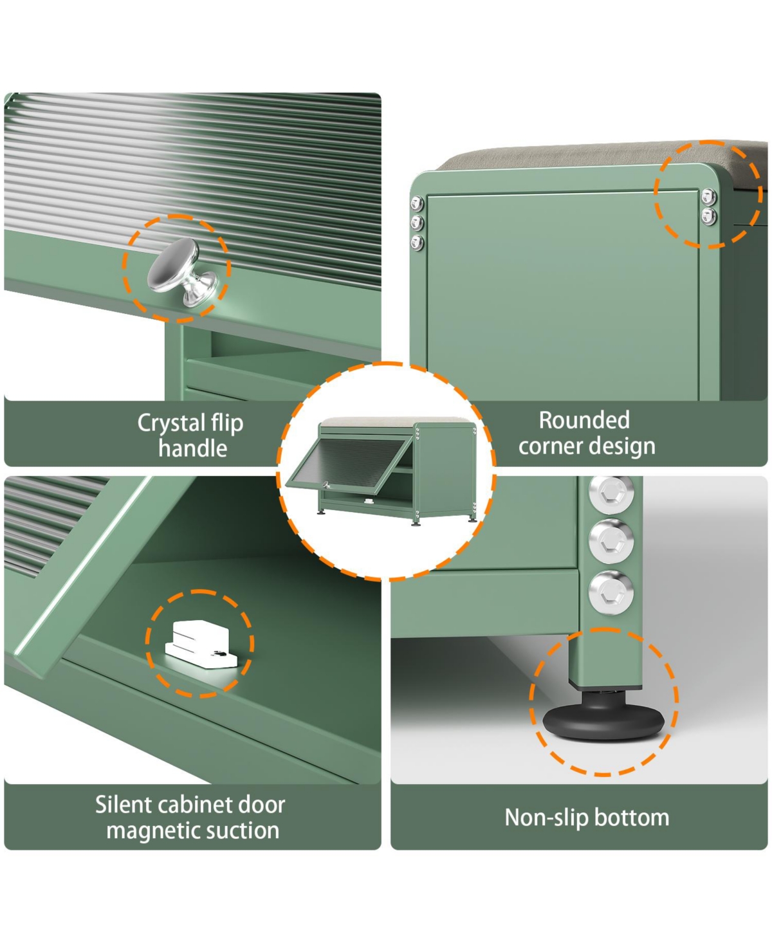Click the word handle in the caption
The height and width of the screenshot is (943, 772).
coord(193,448)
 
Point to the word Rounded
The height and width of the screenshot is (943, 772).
coord(584,420)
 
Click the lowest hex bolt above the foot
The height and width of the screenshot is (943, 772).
coord(611,592)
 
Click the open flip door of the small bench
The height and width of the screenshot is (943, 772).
coord(348,462)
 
